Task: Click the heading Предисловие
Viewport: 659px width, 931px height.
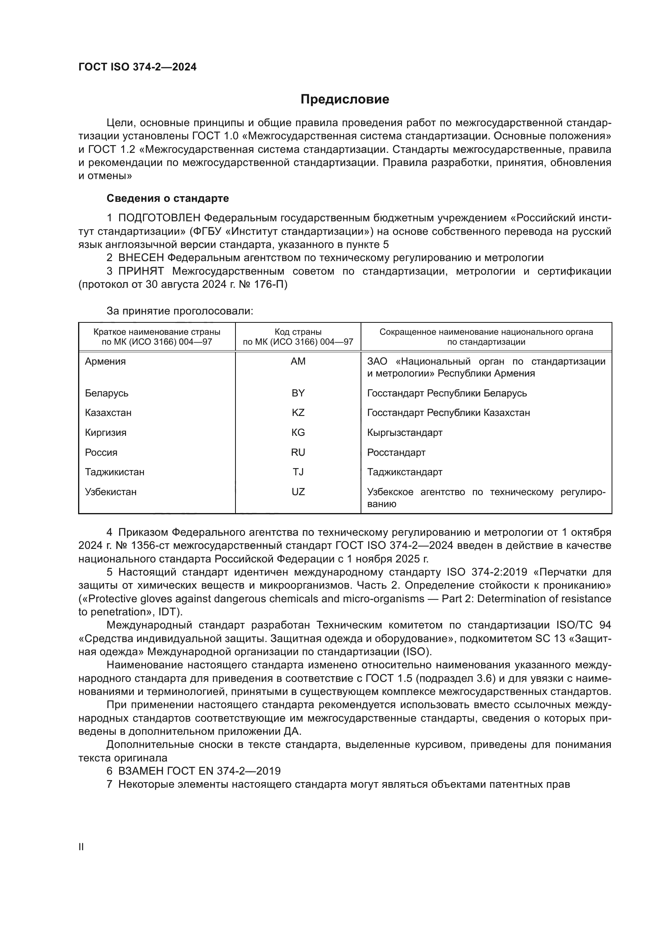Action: click(x=345, y=100)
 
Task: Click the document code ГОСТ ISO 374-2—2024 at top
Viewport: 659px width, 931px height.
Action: click(x=137, y=67)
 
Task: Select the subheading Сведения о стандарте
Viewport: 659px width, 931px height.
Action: click(x=168, y=198)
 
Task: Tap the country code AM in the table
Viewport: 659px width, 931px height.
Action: click(x=298, y=361)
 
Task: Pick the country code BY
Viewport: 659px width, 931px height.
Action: click(x=298, y=393)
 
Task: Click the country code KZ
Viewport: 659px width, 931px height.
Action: click(x=298, y=413)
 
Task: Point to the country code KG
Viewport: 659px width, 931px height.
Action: click(x=298, y=433)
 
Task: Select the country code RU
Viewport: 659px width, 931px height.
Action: click(x=298, y=453)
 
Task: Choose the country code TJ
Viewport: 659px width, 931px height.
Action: click(x=298, y=472)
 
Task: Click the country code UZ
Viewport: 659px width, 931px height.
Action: click(x=298, y=492)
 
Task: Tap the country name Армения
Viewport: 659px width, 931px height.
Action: click(x=105, y=361)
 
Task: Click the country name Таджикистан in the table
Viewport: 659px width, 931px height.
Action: click(x=114, y=472)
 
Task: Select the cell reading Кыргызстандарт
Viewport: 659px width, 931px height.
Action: click(x=404, y=433)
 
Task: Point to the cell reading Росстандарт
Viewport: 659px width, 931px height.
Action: click(x=396, y=453)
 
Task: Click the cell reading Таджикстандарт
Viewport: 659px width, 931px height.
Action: click(x=404, y=472)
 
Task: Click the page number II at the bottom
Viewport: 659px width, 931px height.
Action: click(x=81, y=847)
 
